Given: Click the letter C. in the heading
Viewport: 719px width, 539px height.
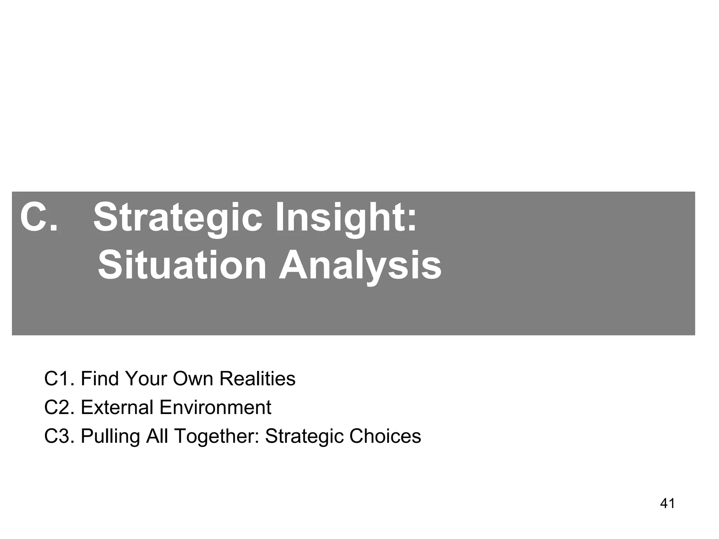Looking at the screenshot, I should [x=39, y=218].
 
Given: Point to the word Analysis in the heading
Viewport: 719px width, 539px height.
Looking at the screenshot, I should [x=360, y=266].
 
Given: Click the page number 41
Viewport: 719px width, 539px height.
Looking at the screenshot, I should [x=667, y=504].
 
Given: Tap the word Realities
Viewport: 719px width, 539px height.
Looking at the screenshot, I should [x=257, y=379].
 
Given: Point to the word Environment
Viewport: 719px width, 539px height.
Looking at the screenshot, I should [x=215, y=408].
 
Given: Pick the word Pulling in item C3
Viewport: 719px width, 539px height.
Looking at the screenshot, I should [x=110, y=437].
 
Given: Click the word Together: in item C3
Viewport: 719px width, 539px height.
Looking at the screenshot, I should [x=216, y=437].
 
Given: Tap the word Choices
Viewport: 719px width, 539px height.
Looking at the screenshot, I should [x=385, y=437].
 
